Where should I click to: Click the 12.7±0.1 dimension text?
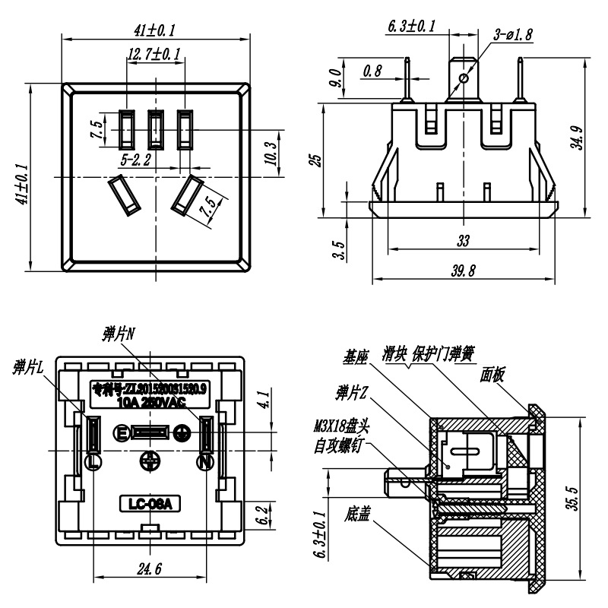coord(154,54)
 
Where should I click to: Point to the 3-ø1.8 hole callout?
coord(514,34)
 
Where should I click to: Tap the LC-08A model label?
coord(149,503)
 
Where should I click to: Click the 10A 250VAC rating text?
coord(153,404)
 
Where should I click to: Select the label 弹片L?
coord(30,366)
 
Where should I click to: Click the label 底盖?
coord(356,515)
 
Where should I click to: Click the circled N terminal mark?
coord(204,461)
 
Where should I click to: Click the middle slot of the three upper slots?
coord(156,129)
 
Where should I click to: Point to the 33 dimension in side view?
coord(463,241)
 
